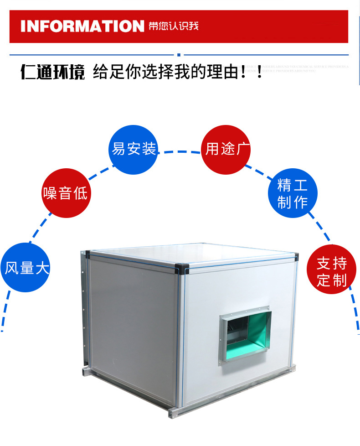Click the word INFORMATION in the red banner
pos(82,26)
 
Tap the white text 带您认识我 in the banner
pos(174,26)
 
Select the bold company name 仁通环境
pos(52,72)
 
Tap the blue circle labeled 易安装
pos(134,149)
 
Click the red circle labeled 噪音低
pos(65,192)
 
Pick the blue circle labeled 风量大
pos(26,268)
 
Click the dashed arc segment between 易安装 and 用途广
pos(180,151)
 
